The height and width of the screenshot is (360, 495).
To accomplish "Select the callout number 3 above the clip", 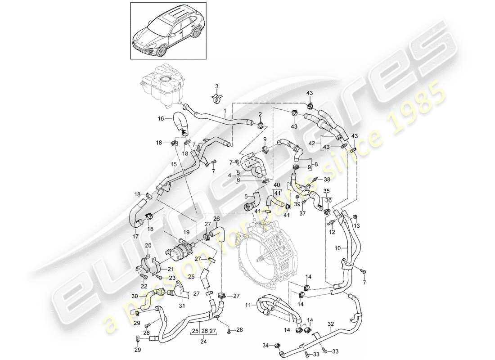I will (216, 86).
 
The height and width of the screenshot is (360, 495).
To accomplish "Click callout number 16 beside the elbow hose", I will (160, 119).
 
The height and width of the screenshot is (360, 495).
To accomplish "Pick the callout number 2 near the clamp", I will (260, 114).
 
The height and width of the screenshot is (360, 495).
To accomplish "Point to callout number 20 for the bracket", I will (148, 245).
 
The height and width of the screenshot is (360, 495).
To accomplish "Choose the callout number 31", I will (182, 307).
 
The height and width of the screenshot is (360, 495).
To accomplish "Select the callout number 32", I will (331, 323).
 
